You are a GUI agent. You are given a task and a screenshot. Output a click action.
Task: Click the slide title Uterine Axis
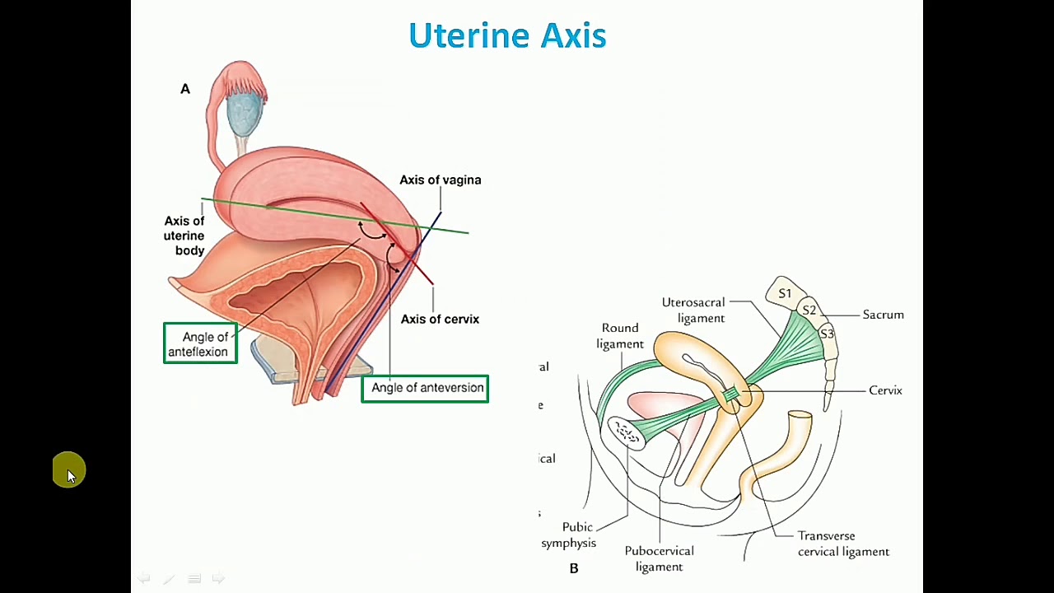pyautogui.click(x=507, y=36)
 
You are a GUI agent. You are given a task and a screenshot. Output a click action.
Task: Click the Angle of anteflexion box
pyautogui.click(x=200, y=344)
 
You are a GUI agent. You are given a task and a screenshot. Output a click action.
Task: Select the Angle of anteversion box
pyautogui.click(x=425, y=388)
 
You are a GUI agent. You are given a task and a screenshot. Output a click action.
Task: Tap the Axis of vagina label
pyautogui.click(x=440, y=180)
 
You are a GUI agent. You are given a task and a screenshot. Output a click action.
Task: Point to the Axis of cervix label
pyautogui.click(x=440, y=320)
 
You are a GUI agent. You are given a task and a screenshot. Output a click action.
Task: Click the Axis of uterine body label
pyautogui.click(x=184, y=236)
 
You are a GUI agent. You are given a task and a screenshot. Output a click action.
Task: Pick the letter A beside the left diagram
pyautogui.click(x=185, y=89)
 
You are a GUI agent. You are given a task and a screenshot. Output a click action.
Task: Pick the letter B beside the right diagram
pyautogui.click(x=574, y=568)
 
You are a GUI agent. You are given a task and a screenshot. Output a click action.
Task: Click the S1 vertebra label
pyautogui.click(x=785, y=294)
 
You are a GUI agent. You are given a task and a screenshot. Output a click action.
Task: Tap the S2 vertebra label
pyautogui.click(x=809, y=311)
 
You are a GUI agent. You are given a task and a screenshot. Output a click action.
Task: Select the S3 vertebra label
pyautogui.click(x=826, y=334)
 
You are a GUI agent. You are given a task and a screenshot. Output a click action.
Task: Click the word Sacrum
pyautogui.click(x=883, y=315)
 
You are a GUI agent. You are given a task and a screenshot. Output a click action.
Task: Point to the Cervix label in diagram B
pyautogui.click(x=885, y=390)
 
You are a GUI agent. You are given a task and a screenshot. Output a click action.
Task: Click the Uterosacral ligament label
pyautogui.click(x=693, y=311)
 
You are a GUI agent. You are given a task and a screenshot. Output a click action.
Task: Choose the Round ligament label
pyautogui.click(x=620, y=336)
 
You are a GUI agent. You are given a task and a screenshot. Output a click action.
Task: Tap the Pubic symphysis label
pyautogui.click(x=569, y=535)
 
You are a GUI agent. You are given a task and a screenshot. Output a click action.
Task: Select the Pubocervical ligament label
pyautogui.click(x=659, y=558)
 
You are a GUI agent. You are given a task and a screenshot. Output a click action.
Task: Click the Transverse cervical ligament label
pyautogui.click(x=842, y=544)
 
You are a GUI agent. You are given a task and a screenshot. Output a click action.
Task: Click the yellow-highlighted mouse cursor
pyautogui.click(x=69, y=471)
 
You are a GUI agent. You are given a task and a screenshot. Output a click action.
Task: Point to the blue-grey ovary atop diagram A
pyautogui.click(x=244, y=113)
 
